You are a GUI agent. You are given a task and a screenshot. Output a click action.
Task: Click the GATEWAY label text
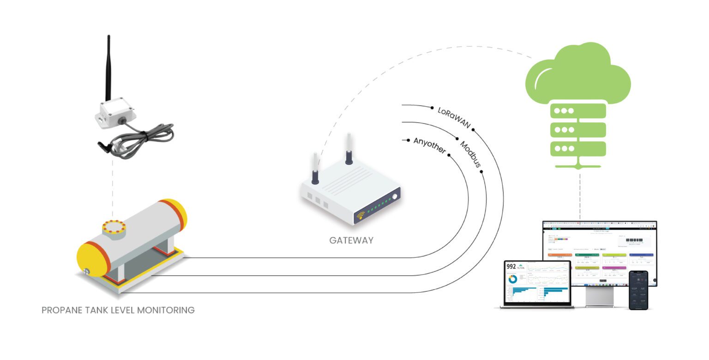pos(351,240)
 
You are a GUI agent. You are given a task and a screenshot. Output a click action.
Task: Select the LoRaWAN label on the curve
pos(454,118)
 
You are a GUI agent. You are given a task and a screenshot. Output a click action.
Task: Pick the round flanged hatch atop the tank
pos(114,228)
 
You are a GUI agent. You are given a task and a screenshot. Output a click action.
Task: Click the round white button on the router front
pos(395,197)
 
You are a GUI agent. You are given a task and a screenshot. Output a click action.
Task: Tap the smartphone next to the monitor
pos(638,290)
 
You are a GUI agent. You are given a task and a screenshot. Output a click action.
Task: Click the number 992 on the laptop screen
pos(511,266)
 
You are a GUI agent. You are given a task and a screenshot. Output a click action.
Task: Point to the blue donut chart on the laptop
pos(512,279)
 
